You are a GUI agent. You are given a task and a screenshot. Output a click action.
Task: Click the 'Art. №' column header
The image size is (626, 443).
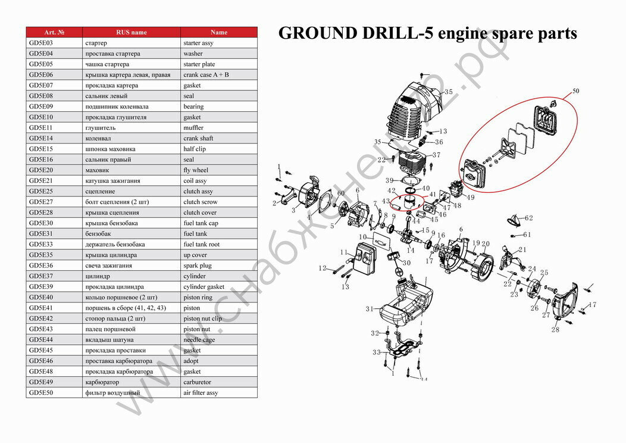tap(54, 32)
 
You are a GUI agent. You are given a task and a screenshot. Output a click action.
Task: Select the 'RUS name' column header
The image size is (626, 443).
tap(131, 32)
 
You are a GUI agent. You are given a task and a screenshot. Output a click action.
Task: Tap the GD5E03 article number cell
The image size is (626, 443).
tap(54, 43)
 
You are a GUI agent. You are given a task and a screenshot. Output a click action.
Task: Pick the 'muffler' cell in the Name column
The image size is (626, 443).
tap(219, 128)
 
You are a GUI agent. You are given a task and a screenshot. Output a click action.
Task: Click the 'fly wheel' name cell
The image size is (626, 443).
tap(219, 170)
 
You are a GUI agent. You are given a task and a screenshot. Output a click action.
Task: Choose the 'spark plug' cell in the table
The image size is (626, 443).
tap(219, 266)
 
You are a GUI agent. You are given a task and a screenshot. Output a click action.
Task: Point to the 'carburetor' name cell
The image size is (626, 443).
tap(219, 382)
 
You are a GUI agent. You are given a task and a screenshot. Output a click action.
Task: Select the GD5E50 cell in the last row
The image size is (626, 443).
tap(54, 393)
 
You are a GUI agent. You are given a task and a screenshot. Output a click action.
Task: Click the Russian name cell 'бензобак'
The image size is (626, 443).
tap(131, 234)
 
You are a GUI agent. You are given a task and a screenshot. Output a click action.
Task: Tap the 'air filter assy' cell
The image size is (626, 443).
tap(219, 393)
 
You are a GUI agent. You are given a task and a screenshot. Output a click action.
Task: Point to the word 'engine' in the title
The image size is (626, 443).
tap(462, 33)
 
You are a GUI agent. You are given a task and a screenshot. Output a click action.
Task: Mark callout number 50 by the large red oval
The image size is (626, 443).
tap(575, 91)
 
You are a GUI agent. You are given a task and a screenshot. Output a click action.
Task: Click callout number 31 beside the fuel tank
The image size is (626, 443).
tap(370, 308)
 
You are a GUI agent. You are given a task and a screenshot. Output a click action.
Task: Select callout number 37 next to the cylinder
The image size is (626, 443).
tap(436, 155)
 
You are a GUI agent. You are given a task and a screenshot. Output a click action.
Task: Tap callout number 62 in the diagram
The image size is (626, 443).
tap(529, 218)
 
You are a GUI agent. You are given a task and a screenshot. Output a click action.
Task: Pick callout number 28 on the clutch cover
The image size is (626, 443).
tap(555, 330)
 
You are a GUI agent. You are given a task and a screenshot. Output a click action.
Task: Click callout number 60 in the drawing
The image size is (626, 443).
tap(341, 194)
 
